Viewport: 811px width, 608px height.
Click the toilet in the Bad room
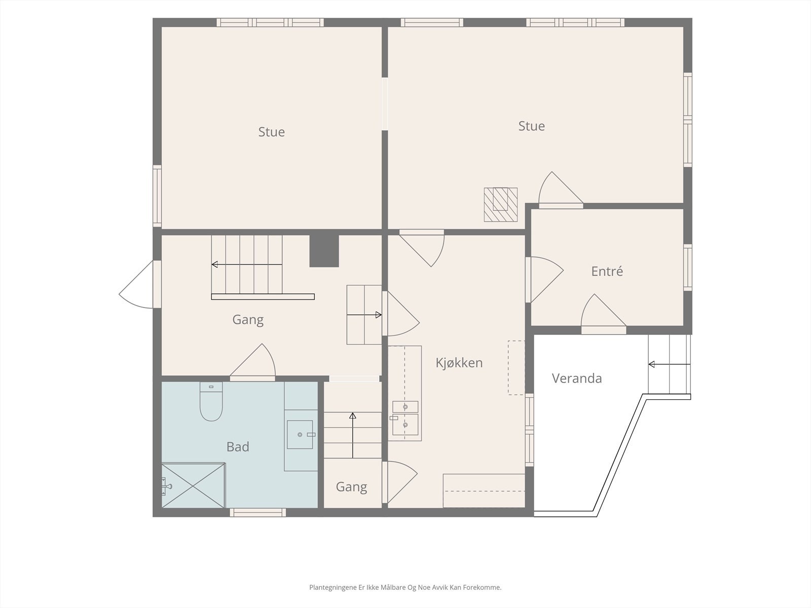211,401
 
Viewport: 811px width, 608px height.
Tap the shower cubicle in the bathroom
193,485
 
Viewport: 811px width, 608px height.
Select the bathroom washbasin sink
300,435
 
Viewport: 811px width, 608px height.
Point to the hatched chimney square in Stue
501,205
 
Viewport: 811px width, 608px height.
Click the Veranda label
577,378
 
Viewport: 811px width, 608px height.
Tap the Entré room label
607,272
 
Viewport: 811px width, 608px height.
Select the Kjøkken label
459,363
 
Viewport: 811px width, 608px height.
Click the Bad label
238,447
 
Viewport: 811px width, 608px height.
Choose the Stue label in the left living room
272,132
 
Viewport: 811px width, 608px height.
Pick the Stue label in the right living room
531,126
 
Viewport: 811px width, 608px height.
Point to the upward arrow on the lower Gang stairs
352,435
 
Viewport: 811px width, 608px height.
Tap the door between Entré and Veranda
603,314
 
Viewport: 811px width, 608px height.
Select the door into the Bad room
253,362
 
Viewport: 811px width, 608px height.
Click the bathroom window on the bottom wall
258,512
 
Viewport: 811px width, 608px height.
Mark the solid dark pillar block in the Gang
324,251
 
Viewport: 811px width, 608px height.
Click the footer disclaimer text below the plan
405,587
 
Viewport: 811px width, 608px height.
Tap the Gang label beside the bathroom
351,487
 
